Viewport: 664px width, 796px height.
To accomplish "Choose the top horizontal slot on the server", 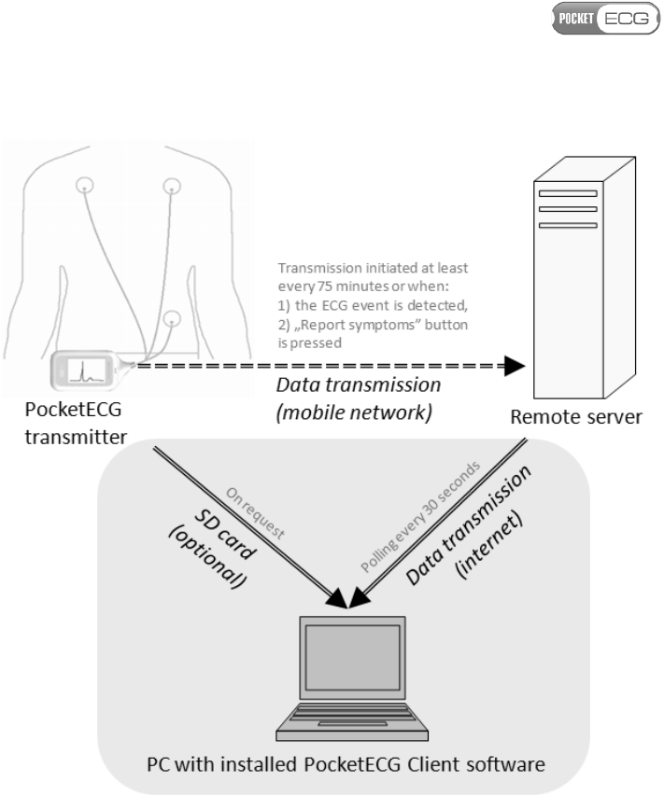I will point(567,193).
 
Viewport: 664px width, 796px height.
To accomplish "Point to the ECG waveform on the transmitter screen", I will point(81,369).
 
